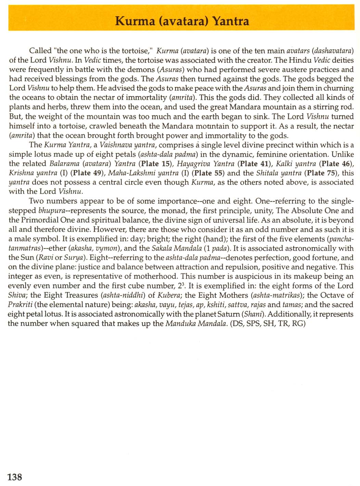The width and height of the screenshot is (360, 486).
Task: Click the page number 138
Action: pos(15,476)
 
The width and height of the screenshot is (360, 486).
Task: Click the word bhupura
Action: pos(52,210)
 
